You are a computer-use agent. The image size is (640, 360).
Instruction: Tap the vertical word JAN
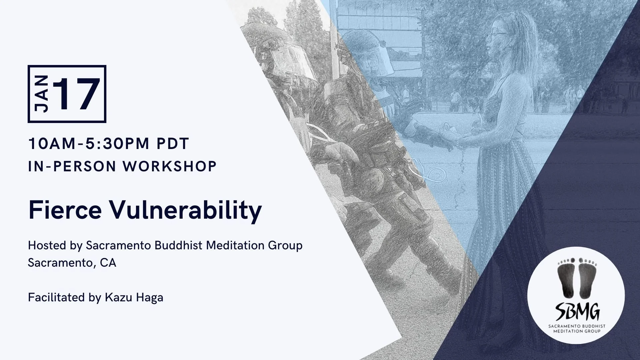[42, 94]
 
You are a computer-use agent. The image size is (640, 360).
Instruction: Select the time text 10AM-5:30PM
[89, 144]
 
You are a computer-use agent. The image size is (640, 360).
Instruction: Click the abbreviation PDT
[173, 144]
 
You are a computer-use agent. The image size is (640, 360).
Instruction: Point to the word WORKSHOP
[170, 166]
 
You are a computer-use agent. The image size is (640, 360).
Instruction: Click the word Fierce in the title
[65, 210]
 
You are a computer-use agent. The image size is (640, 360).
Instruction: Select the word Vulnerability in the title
[186, 211]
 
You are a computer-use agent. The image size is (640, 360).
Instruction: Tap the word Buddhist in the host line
[179, 245]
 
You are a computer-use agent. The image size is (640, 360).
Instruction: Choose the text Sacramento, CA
[72, 263]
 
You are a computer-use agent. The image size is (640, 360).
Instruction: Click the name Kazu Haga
[134, 298]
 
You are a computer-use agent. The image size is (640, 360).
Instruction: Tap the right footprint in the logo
[586, 277]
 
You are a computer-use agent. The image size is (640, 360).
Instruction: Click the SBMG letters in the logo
[577, 311]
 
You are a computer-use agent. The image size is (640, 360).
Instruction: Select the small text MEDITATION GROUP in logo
[577, 331]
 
